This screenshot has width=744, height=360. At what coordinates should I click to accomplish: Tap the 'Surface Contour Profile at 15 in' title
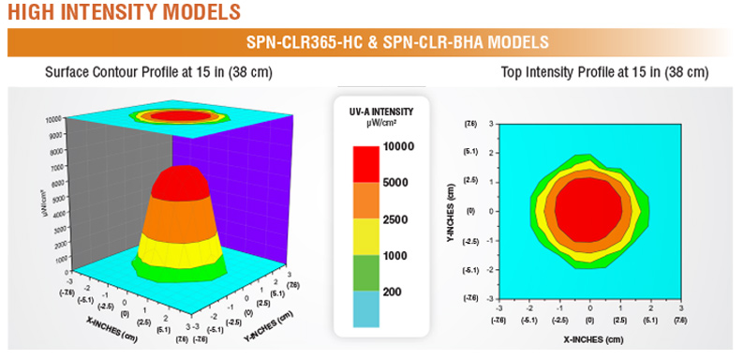155,72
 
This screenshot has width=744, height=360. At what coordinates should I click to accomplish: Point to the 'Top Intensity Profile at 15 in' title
604,72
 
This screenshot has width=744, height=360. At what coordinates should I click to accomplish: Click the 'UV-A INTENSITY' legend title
380,112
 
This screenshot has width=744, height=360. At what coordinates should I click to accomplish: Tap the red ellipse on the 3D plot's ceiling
179,116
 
